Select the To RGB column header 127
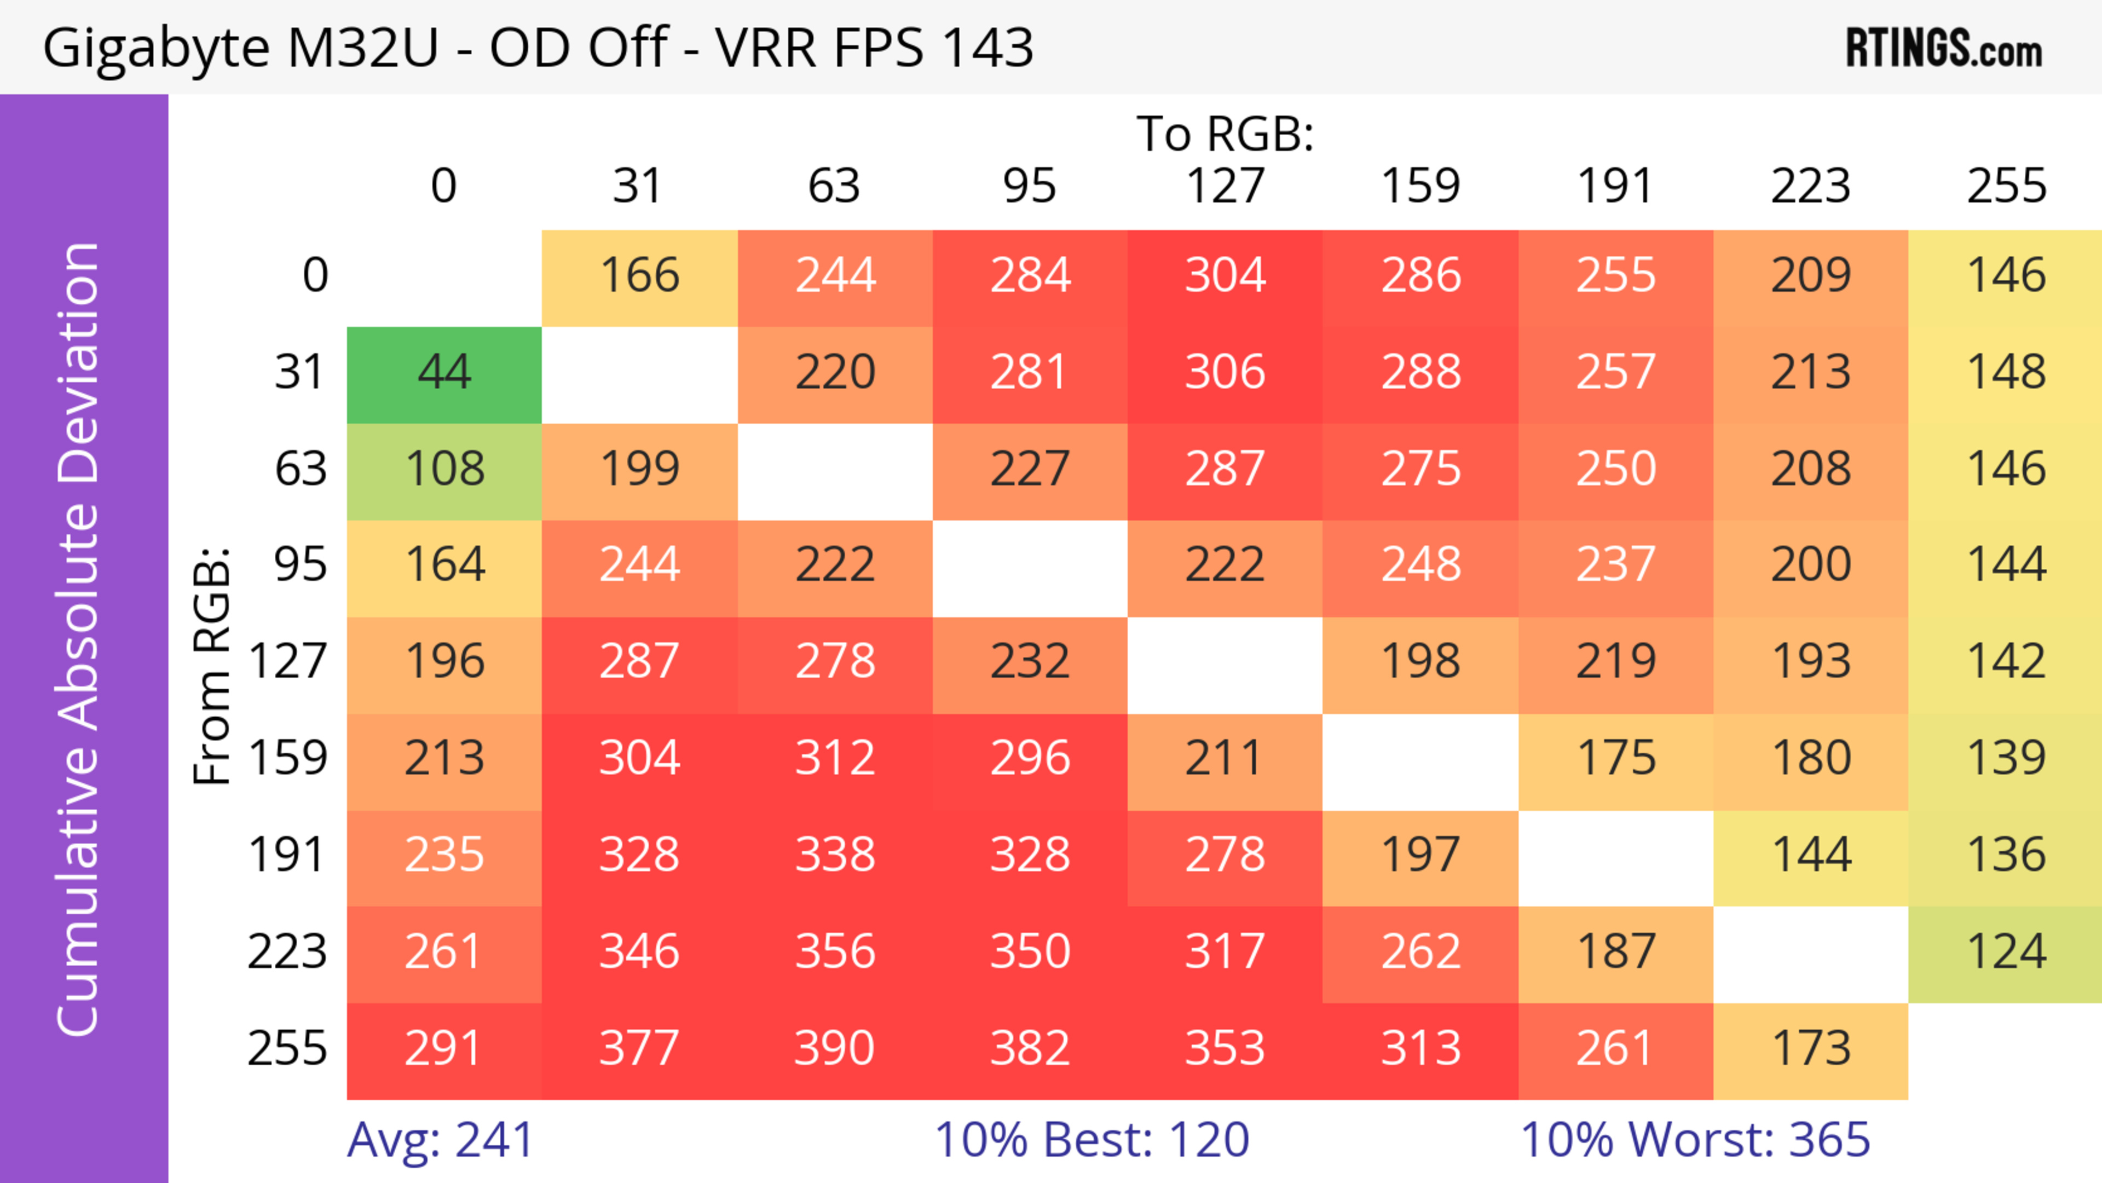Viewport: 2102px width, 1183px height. click(x=1225, y=186)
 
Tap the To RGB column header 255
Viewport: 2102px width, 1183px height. click(x=2006, y=186)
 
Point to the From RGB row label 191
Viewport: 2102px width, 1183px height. click(x=287, y=856)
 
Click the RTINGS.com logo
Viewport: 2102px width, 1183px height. click(x=1944, y=48)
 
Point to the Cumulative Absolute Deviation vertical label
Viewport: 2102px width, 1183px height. click(x=79, y=639)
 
